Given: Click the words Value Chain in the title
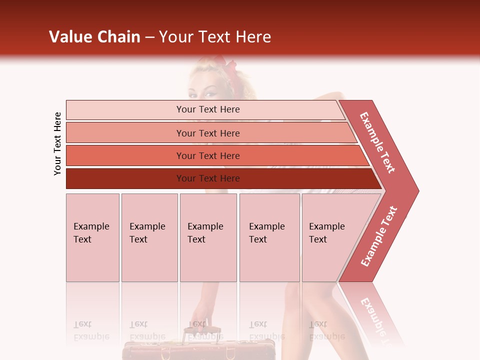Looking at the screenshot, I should (94, 37).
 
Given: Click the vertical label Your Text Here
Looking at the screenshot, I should (57, 143).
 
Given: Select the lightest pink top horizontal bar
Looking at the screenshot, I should (125, 109).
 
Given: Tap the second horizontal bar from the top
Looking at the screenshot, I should (125, 133).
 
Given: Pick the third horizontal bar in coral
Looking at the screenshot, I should (125, 155).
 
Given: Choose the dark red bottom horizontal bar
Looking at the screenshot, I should (125, 178).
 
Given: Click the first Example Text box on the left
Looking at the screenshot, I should (92, 237).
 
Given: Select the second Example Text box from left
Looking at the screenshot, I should (149, 237).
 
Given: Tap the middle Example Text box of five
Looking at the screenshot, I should (208, 237).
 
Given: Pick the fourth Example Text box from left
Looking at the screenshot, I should (269, 237).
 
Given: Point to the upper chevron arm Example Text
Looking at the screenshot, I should (377, 142).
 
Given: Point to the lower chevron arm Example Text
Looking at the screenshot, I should (379, 236).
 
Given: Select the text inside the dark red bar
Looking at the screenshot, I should (208, 178).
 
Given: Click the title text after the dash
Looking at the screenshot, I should (214, 37).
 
